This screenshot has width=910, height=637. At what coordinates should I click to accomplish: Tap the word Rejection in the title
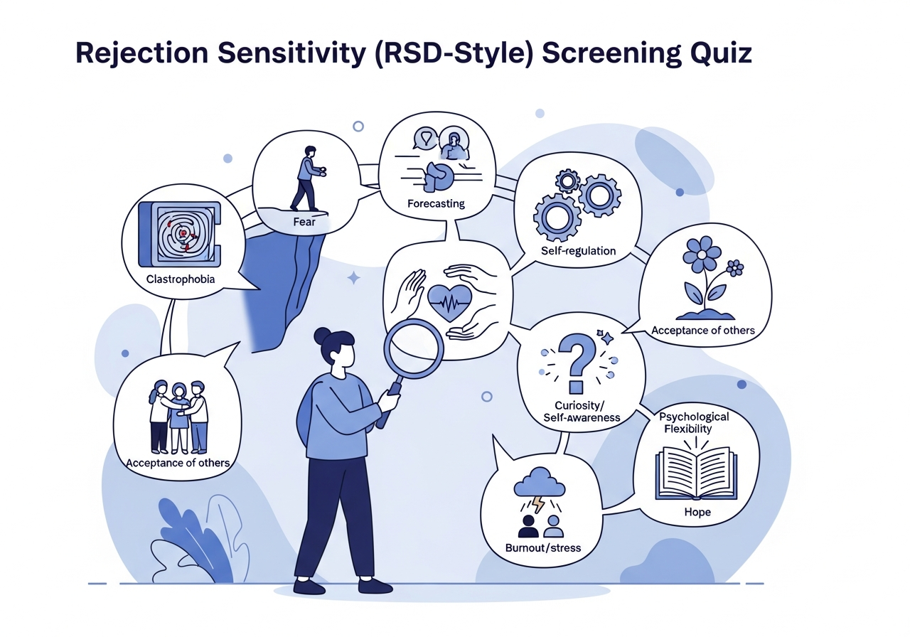pyautogui.click(x=141, y=53)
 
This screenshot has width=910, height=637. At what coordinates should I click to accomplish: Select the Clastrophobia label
pyautogui.click(x=181, y=279)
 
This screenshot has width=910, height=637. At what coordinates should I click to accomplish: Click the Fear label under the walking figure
pyautogui.click(x=304, y=222)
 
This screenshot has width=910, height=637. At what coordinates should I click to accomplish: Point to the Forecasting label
pyautogui.click(x=436, y=203)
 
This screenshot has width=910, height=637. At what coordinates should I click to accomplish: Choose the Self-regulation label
pyautogui.click(x=578, y=251)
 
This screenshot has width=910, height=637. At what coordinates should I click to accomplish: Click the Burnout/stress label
pyautogui.click(x=543, y=547)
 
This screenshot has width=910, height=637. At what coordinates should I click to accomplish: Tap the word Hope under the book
pyautogui.click(x=697, y=512)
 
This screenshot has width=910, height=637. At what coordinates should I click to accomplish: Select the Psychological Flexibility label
pyautogui.click(x=694, y=422)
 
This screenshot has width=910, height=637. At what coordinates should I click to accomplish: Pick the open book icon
pyautogui.click(x=696, y=473)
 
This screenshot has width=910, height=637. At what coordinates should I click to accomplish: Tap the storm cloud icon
pyautogui.click(x=539, y=483)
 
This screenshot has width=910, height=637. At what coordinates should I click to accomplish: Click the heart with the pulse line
pyautogui.click(x=450, y=303)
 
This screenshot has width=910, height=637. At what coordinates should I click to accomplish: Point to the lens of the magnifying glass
pyautogui.click(x=414, y=348)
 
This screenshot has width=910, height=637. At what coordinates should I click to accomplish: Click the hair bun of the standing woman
pyautogui.click(x=323, y=337)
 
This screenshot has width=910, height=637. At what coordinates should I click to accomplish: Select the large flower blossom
pyautogui.click(x=702, y=255)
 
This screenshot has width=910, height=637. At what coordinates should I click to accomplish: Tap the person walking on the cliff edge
pyautogui.click(x=308, y=178)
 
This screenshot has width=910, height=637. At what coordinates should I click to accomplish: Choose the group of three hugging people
pyautogui.click(x=178, y=417)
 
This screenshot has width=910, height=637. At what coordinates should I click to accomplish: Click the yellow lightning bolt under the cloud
pyautogui.click(x=539, y=504)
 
